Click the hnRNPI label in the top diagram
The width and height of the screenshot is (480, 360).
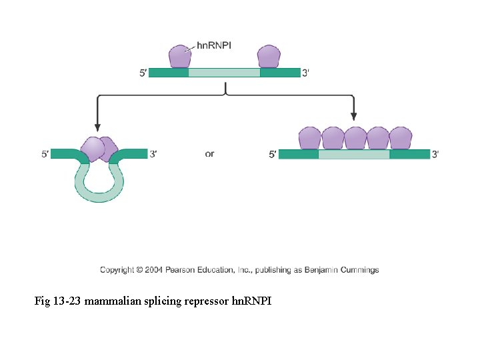point(214,46)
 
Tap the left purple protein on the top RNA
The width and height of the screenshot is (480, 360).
point(179,57)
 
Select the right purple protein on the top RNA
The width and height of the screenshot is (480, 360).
point(269,57)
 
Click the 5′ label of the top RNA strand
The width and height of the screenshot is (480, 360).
point(143,73)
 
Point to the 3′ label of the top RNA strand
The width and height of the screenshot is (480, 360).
point(305,73)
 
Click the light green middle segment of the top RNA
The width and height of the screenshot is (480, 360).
point(224,73)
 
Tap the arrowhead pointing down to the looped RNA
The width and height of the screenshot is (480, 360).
point(98,127)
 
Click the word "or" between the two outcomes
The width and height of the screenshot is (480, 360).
point(210,154)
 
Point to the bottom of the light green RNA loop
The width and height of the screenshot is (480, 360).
point(99,197)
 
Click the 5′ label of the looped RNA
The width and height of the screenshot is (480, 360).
point(45,154)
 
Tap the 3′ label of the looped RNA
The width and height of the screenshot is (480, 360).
point(153,154)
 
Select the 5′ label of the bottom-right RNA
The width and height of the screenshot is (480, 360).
point(273,155)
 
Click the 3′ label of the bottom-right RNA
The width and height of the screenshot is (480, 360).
point(435,155)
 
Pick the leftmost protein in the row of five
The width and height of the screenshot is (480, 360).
point(309,138)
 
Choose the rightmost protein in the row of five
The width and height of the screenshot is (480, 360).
point(400,138)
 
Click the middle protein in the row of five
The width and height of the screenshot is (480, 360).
point(355,138)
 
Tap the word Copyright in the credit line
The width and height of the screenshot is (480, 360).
point(117,270)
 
